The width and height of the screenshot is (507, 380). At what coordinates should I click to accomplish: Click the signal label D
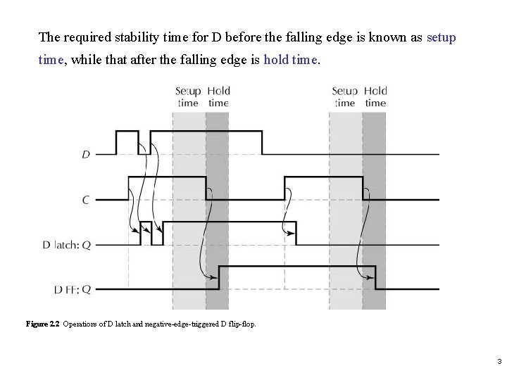[x=86, y=154]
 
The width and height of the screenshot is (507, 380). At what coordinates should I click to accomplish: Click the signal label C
[x=86, y=200]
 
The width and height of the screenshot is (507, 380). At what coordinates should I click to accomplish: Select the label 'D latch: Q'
[x=66, y=245]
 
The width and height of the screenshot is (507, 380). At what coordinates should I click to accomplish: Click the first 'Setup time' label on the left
[x=188, y=96]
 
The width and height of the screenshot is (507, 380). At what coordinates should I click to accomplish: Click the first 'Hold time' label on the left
[x=219, y=96]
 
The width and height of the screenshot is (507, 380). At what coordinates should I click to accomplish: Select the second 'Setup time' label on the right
[x=344, y=96]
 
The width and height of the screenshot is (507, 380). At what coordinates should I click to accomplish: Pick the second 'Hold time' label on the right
[x=375, y=96]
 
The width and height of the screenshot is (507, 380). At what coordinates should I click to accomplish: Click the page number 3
[x=499, y=362]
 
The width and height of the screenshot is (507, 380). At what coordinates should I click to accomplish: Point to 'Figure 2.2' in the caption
[x=43, y=324]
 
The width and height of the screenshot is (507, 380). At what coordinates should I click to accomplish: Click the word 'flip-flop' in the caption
[x=242, y=324]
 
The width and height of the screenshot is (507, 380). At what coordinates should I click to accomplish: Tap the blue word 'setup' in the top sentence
[x=442, y=37]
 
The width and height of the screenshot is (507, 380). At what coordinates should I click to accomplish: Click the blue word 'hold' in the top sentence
[x=275, y=61]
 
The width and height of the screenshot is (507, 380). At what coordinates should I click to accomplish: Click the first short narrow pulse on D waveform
[x=127, y=132]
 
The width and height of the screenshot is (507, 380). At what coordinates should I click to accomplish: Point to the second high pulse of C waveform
[x=324, y=178]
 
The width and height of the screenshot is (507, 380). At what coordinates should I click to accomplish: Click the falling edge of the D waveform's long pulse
[x=262, y=142]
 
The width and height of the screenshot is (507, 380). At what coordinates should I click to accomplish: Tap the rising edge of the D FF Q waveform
[x=219, y=277]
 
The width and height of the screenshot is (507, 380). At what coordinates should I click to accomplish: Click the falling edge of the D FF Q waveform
[x=375, y=277]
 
